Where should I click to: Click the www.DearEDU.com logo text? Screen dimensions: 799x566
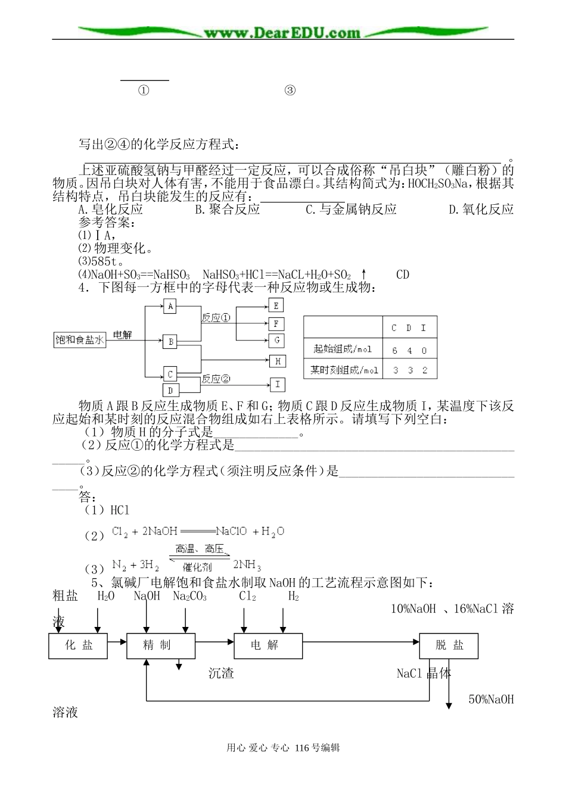[x=282, y=32]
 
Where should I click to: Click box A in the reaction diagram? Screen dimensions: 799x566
[x=171, y=306]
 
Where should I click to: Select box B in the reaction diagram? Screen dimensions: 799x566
[x=171, y=342]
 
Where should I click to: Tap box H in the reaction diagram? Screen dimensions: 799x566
[x=278, y=361]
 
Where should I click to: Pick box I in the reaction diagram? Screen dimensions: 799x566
[x=278, y=384]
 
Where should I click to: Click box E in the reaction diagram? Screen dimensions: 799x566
[x=276, y=305]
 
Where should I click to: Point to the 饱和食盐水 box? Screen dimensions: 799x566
[x=80, y=340]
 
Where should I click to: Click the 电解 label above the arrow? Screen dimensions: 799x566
[x=122, y=335]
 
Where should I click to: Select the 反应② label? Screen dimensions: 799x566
[x=216, y=379]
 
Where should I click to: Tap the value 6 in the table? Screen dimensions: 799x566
[x=394, y=351]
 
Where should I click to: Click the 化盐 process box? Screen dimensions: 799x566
[x=79, y=645]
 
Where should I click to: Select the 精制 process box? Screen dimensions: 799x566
[x=161, y=645]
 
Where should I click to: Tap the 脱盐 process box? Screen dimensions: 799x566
[x=449, y=645]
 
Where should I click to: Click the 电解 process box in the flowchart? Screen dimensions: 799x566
[x=265, y=645]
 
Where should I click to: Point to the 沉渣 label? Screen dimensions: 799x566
[x=221, y=673]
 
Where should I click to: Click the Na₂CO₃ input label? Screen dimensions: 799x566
[x=189, y=596]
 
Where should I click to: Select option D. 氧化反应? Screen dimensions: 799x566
[x=480, y=209]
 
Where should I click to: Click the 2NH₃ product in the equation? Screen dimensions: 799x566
[x=247, y=565]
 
